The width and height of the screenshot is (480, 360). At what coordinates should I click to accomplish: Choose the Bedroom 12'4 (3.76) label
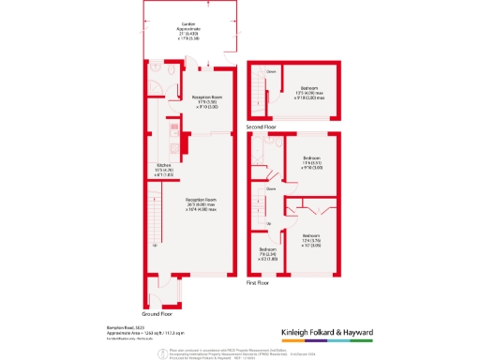coord(311,240)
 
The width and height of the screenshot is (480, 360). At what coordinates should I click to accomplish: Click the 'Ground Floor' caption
coord(157,313)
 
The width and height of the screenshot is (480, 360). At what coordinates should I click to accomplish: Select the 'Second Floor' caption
coord(262,126)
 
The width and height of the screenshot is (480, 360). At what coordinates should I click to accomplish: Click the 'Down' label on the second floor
coord(271,71)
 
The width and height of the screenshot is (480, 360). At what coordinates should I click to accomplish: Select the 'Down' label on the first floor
coord(271,188)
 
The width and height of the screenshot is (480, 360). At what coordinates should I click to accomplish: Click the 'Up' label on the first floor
coord(270,223)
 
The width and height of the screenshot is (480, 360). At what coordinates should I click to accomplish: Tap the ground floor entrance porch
coord(170,292)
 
